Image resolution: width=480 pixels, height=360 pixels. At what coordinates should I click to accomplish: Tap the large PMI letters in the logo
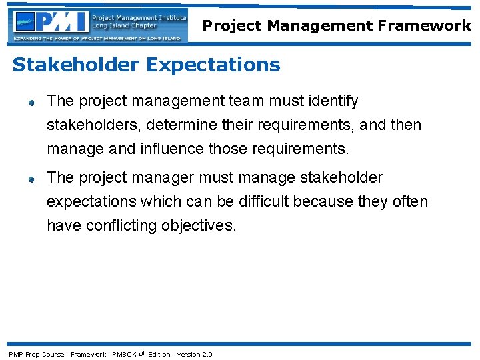(62, 22)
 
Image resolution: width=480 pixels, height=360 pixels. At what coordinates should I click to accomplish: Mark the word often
(411, 201)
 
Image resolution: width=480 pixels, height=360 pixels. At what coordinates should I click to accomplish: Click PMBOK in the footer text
(124, 354)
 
